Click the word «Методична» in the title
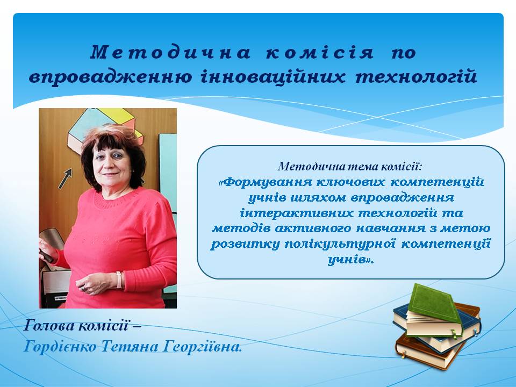(170, 52)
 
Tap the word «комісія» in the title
(319, 53)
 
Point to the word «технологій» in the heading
(416, 77)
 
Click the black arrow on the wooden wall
(65, 178)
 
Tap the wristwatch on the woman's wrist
(119, 280)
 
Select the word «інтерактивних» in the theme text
(297, 213)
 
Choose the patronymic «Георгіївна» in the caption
(203, 347)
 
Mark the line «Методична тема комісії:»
(349, 167)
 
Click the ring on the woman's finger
(84, 289)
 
